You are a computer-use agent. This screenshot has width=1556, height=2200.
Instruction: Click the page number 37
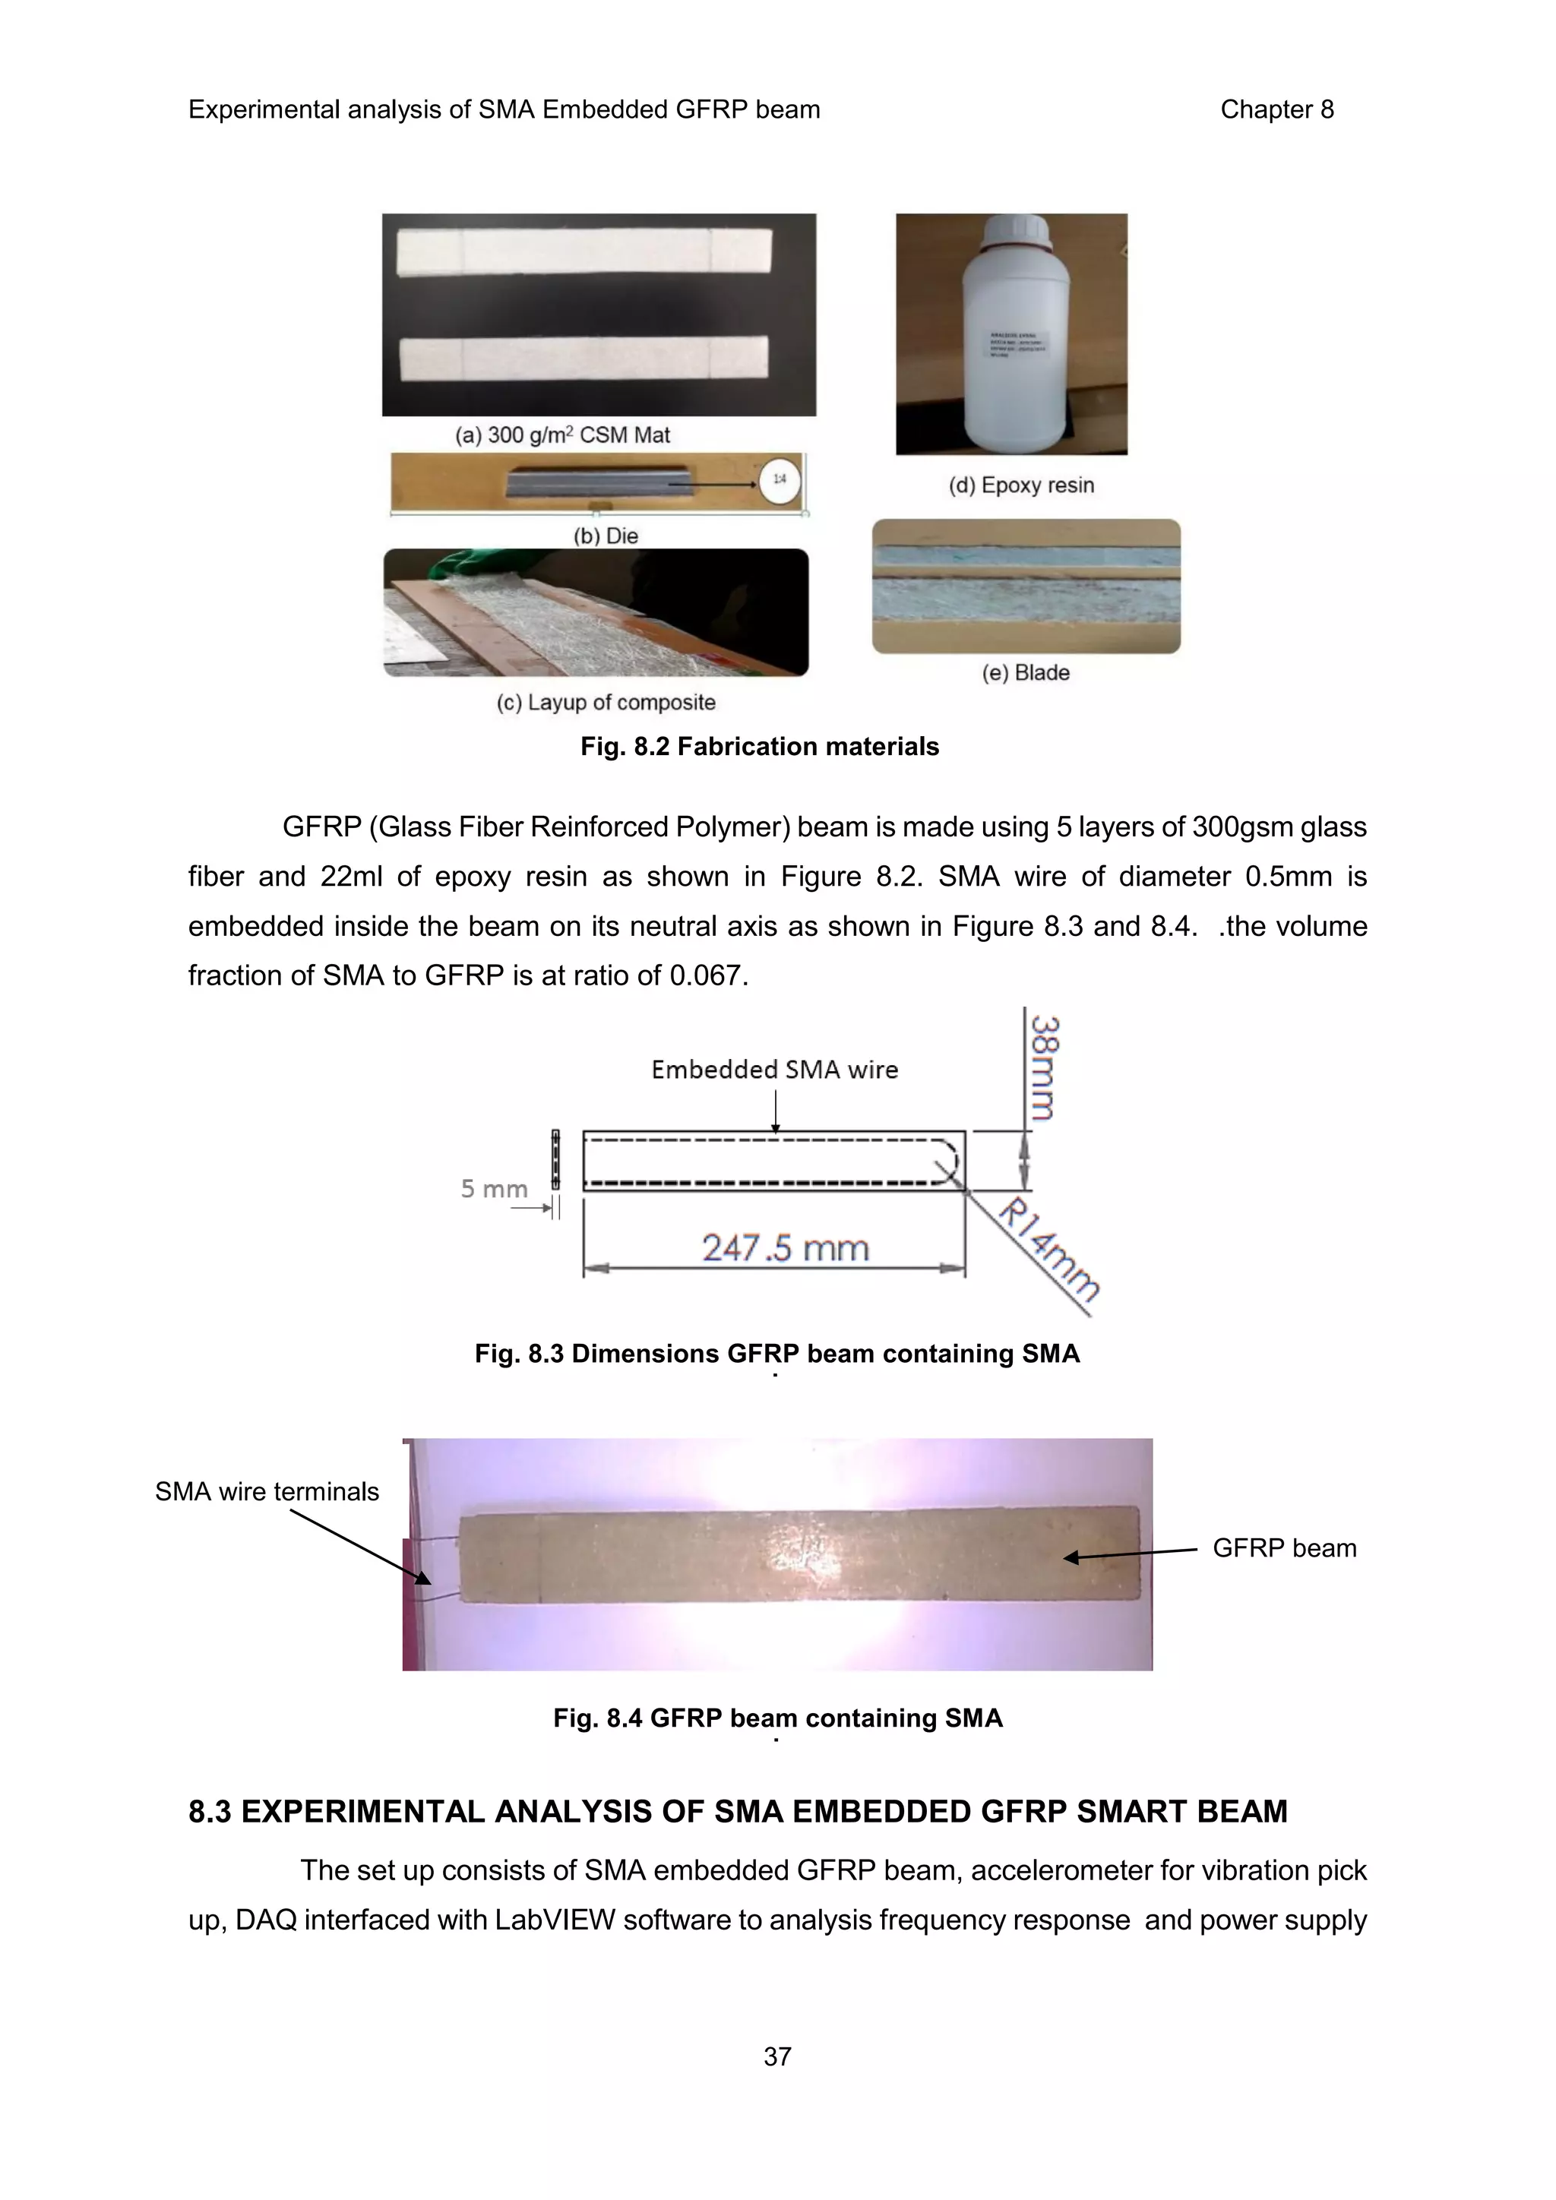tap(777, 2056)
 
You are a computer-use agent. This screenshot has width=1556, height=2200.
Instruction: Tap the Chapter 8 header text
tap(1276, 109)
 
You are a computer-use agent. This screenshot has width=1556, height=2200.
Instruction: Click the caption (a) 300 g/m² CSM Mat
tap(562, 435)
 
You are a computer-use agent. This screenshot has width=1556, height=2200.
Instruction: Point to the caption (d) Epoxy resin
tap(1020, 485)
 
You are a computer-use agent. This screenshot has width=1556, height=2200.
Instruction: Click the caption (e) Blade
tap(1025, 672)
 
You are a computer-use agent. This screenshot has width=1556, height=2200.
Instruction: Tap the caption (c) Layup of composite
tap(606, 703)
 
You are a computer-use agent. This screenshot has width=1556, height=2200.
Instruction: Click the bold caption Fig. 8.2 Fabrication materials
tap(760, 747)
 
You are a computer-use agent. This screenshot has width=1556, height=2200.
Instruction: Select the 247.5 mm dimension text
tap(785, 1247)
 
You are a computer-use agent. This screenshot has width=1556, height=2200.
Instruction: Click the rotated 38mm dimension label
tap(1045, 1067)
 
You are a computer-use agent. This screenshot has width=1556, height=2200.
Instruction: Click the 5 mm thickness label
tap(493, 1189)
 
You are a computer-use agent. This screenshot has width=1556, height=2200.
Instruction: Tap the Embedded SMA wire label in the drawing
tap(774, 1070)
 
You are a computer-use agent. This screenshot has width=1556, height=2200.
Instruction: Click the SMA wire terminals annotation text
tap(267, 1491)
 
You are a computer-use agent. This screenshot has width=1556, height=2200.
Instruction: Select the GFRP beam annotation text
tap(1284, 1547)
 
